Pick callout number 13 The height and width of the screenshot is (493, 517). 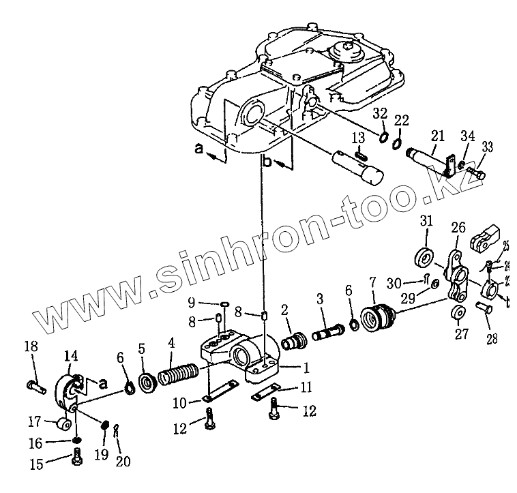tap(357, 138)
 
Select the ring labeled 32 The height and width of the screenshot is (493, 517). tap(384, 140)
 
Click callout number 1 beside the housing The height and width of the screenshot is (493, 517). tap(306, 368)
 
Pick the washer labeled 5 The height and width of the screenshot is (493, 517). tap(147, 380)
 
